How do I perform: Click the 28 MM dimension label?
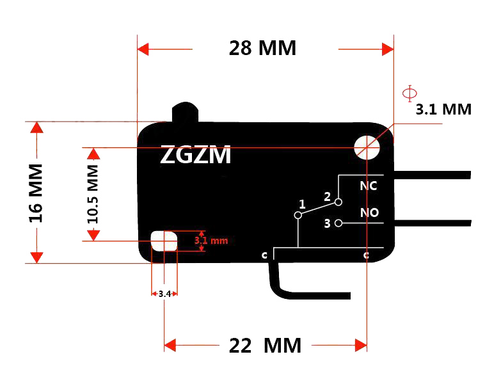pos(262,48)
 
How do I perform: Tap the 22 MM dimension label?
pos(265,346)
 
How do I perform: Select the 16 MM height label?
pos(36,193)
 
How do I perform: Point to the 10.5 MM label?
pos(93,194)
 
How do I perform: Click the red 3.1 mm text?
pos(211,241)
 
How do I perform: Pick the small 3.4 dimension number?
pos(164,294)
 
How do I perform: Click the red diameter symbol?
pos(409,93)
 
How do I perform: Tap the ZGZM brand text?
pos(196,154)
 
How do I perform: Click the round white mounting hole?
pos(367,148)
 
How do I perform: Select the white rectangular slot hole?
pos(164,241)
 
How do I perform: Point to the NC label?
pos(369,186)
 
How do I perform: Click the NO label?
pos(369,212)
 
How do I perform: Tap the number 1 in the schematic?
pos(302,204)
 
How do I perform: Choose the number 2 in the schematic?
pos(327,196)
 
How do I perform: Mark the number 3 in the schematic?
pos(327,223)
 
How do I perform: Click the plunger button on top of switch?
pos(185,112)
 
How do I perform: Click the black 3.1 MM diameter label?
pos(443,109)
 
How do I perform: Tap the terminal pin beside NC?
pos(433,175)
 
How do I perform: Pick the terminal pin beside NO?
pos(433,223)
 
